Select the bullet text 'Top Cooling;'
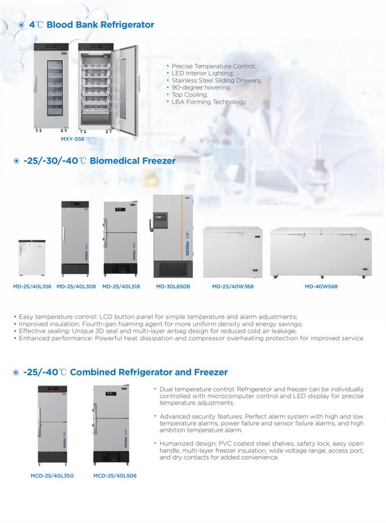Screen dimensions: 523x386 coord(190,95)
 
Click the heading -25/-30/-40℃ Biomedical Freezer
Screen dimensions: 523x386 coord(99,161)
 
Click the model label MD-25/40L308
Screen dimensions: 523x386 coord(76,287)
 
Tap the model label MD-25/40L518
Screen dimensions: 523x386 coord(120,287)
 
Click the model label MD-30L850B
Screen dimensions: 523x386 coord(173,287)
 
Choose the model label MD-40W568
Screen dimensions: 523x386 coord(321,287)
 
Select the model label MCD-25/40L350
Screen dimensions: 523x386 coord(52,475)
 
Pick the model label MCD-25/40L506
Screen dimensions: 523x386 coord(115,475)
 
